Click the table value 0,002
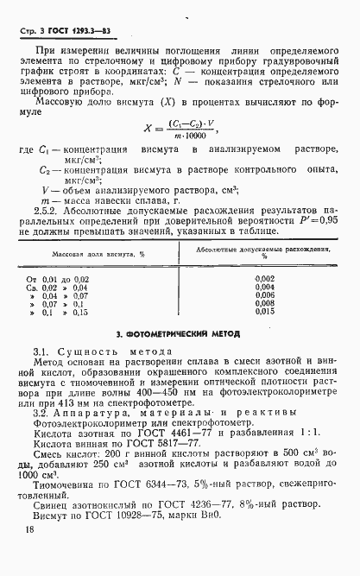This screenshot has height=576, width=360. tap(265, 278)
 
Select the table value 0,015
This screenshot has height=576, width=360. tap(265, 313)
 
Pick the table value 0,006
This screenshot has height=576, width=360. tap(265, 295)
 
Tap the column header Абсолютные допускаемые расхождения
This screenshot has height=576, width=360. tap(263, 249)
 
